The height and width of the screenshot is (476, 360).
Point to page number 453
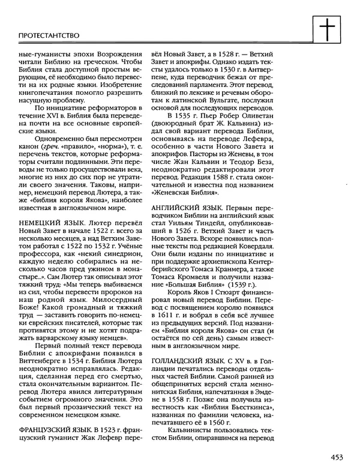[x=336, y=457]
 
